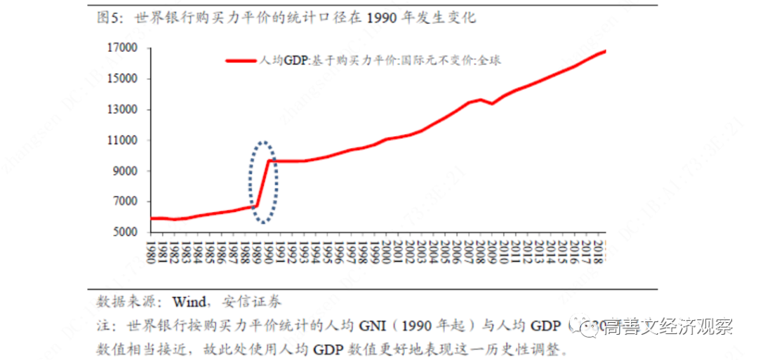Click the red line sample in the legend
point(243,61)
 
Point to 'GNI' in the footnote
point(375,326)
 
